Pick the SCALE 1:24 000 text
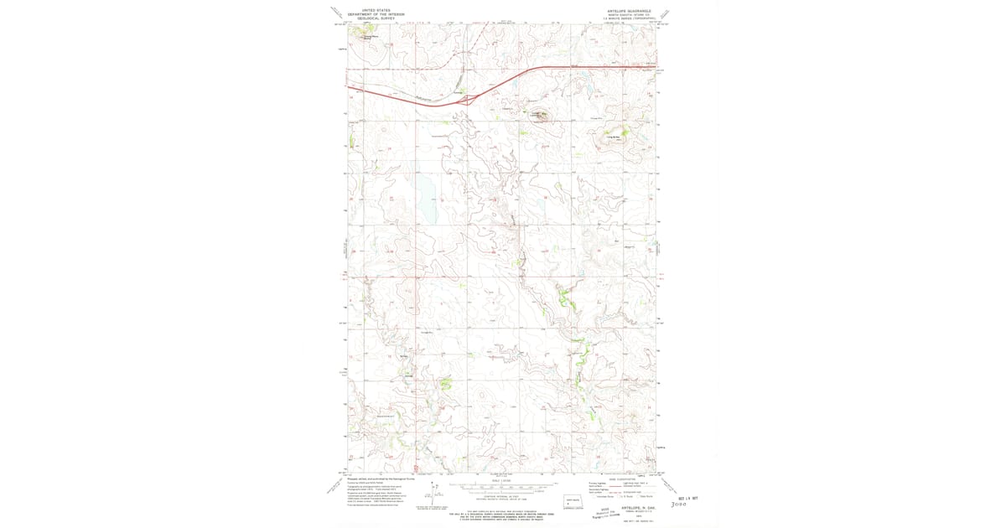pyautogui.click(x=501, y=479)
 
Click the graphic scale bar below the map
pyautogui.click(x=501, y=485)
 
